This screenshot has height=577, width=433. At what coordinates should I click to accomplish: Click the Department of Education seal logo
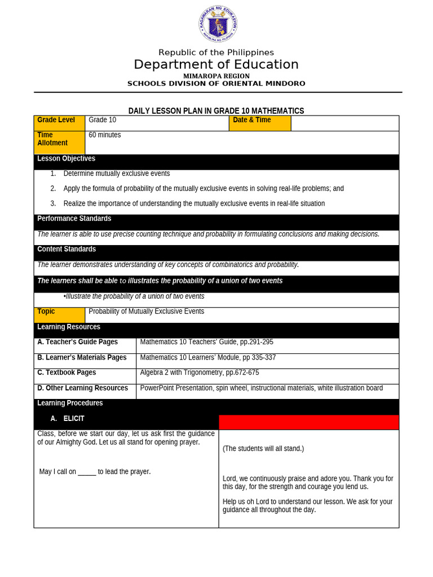coord(218,24)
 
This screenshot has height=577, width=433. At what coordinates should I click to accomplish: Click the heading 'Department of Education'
coord(216,65)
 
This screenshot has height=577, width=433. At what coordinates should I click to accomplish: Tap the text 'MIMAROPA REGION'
coord(216,76)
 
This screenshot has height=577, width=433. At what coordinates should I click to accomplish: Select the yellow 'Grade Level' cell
coord(59,123)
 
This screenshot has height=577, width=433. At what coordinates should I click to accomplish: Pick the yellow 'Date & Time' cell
coord(260,123)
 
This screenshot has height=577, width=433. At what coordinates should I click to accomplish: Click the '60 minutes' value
coord(105,135)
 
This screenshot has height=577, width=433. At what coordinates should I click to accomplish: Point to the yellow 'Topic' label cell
coord(59,315)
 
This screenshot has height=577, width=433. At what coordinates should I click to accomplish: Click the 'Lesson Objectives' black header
coord(67,159)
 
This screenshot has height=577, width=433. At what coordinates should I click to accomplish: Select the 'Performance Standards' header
coord(74,219)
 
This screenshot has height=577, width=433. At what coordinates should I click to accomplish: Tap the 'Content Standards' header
coord(67,249)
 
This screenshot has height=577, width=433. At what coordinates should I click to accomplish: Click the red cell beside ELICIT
coord(308,422)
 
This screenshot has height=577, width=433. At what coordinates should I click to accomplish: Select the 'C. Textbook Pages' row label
coord(67,372)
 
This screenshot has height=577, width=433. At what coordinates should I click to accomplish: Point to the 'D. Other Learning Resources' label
coord(82,388)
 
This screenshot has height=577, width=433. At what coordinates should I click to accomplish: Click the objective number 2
coord(53,189)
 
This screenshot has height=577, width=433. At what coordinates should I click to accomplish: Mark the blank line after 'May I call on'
coord(87,472)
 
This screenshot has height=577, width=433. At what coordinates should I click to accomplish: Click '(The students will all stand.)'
coord(263,449)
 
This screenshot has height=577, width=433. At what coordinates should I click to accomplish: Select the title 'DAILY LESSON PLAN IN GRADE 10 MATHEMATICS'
coord(216,111)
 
